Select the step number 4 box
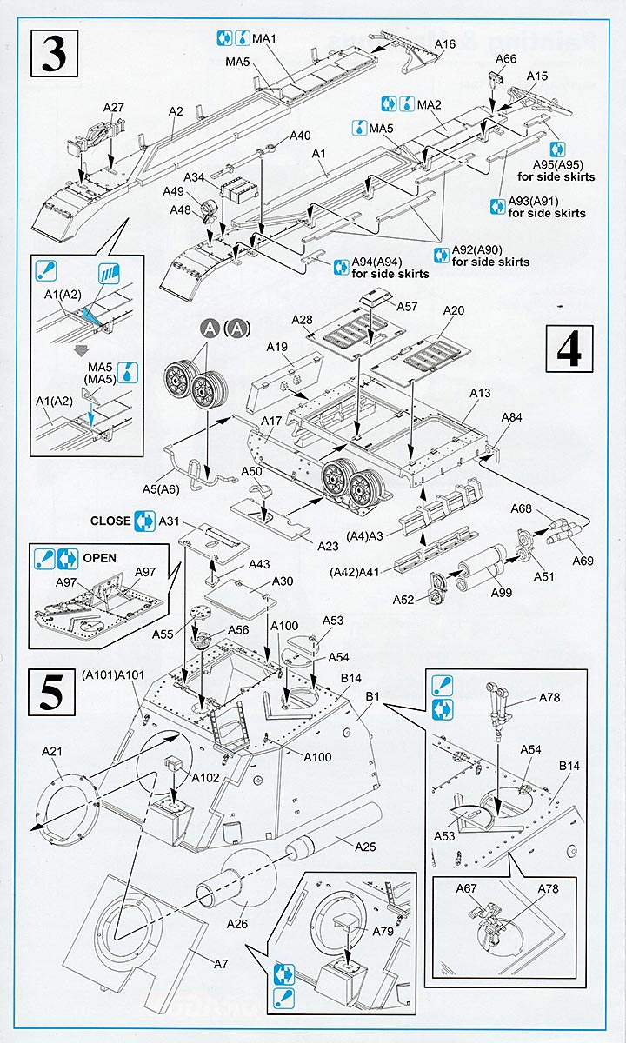(x=569, y=349)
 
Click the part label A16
(x=444, y=44)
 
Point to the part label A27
(x=114, y=107)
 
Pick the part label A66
(x=506, y=59)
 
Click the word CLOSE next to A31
(x=110, y=521)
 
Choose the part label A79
(x=383, y=931)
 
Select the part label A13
(x=481, y=392)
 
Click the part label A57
(x=407, y=306)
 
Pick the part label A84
(x=512, y=419)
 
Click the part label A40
(x=300, y=135)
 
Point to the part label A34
(x=196, y=177)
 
